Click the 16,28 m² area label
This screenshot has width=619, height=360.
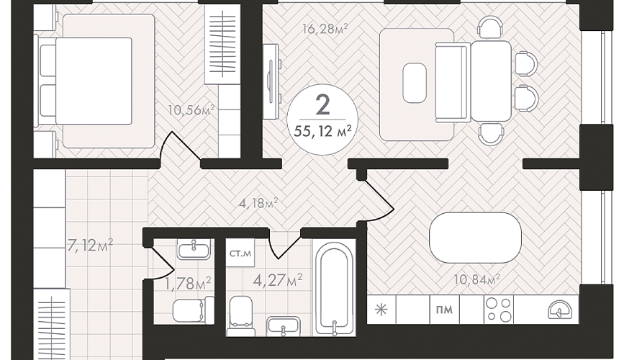point(325,28)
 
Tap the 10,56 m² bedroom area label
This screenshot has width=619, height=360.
point(191,109)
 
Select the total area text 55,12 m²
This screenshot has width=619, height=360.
point(322,132)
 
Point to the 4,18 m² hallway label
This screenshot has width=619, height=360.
point(258,204)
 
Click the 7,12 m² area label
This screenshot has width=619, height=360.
point(91,246)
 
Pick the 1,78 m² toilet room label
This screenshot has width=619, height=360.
point(188,283)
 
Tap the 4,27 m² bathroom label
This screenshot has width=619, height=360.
point(278,280)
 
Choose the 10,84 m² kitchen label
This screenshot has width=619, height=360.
point(477,279)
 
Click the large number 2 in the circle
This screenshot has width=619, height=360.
point(323,105)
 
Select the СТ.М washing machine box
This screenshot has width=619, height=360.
point(240,253)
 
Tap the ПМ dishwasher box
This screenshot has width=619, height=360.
point(445,310)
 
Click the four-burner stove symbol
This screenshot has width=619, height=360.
point(499,310)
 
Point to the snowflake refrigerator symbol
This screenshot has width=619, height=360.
point(381,310)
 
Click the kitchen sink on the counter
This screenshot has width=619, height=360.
point(560,310)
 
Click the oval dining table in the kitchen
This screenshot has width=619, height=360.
point(475,238)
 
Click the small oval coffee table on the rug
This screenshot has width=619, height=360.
point(415,83)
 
